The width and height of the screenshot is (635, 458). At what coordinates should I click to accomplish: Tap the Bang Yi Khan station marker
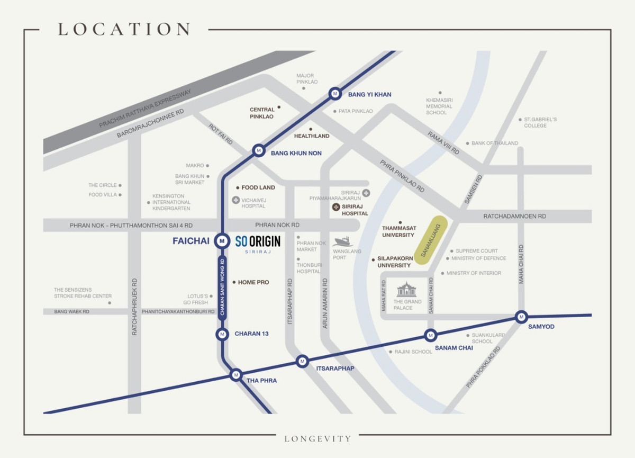[x=334, y=94]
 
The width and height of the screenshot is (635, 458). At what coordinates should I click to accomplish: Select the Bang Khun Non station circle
[x=258, y=150]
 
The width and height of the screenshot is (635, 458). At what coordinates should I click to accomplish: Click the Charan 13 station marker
[x=221, y=334]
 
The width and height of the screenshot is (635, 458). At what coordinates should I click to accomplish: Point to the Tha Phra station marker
[x=235, y=374]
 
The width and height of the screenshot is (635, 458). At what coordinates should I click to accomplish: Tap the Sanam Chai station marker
[x=430, y=335]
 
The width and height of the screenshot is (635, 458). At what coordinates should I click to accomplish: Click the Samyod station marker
[x=521, y=317]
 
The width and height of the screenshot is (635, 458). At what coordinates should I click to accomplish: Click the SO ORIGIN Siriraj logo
[x=258, y=244]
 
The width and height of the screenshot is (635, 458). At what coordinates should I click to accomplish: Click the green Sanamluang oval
[x=430, y=241]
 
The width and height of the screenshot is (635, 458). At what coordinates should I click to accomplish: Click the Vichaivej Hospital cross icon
[x=235, y=200]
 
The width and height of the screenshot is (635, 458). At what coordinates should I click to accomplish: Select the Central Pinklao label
[x=262, y=113]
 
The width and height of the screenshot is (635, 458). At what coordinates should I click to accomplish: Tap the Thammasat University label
[x=399, y=231]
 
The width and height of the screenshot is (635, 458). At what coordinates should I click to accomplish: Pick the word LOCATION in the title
[x=124, y=30]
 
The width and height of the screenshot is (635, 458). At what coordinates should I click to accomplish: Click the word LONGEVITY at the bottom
[x=317, y=438]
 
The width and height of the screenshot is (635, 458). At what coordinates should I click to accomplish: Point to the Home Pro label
[x=253, y=282]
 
